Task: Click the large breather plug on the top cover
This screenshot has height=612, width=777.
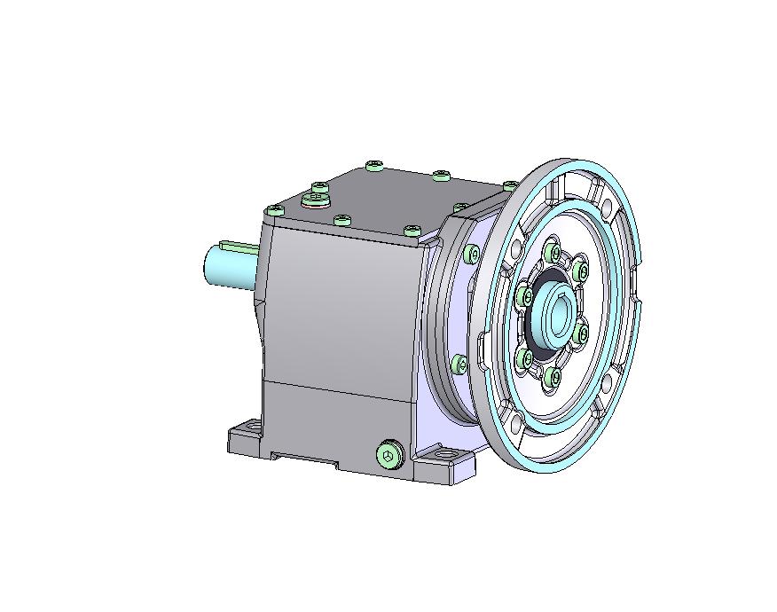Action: [315, 200]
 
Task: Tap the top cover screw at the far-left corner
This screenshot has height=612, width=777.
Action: [275, 210]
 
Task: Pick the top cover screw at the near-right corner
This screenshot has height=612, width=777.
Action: [411, 231]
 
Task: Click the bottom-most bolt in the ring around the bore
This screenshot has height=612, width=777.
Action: [555, 377]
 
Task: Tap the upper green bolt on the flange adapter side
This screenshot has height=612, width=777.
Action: [471, 255]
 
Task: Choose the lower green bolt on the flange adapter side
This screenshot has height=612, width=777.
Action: [459, 363]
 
